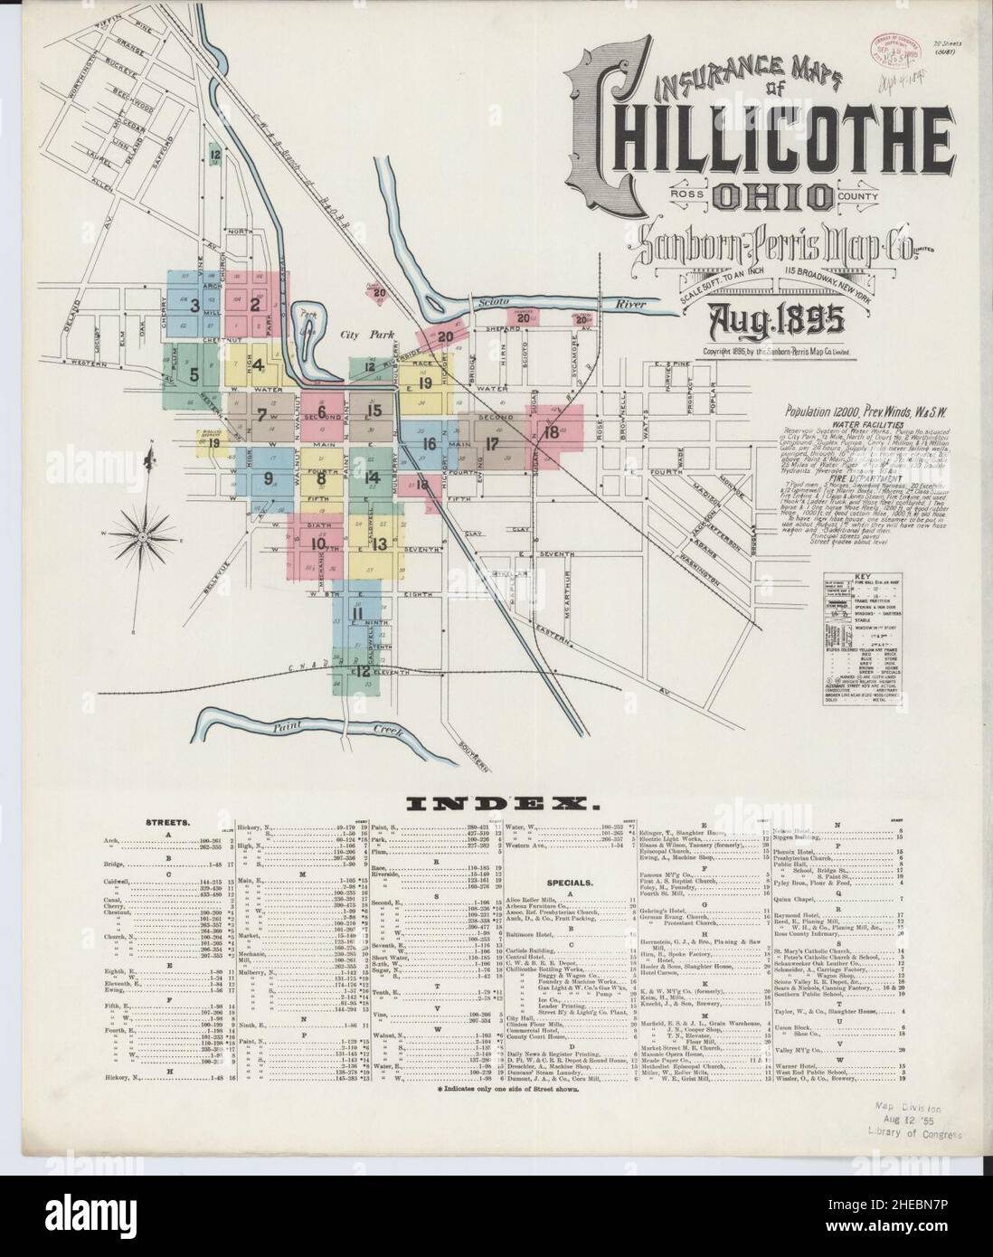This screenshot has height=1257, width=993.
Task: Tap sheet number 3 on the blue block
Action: click(x=194, y=305)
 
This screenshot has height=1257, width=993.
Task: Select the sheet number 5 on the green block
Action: click(x=194, y=372)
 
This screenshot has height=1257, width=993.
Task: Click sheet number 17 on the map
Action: click(x=492, y=443)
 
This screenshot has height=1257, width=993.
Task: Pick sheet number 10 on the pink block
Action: click(x=317, y=543)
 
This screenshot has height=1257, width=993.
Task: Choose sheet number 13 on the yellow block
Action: click(x=379, y=543)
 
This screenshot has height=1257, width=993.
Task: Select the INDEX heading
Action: click(x=496, y=800)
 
